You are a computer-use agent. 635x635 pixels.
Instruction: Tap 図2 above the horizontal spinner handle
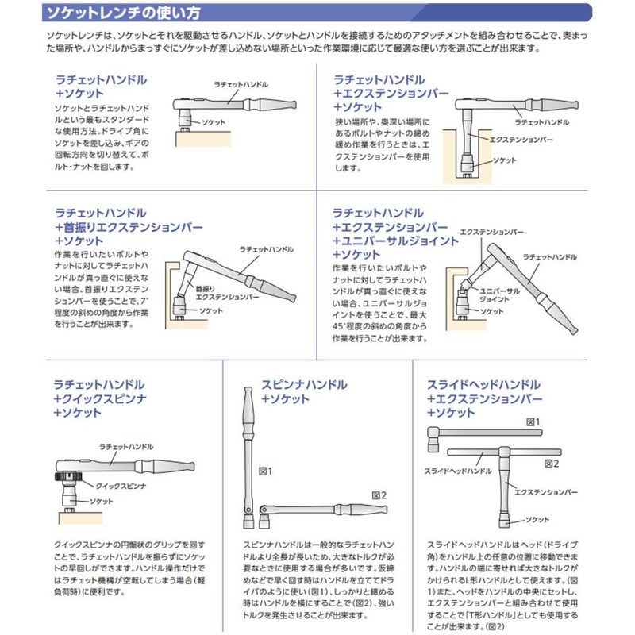[379, 494]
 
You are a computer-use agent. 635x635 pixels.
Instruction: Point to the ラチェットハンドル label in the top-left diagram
[241, 83]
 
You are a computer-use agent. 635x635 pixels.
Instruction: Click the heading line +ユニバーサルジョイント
[396, 241]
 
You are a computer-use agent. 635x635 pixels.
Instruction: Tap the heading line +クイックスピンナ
[98, 399]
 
